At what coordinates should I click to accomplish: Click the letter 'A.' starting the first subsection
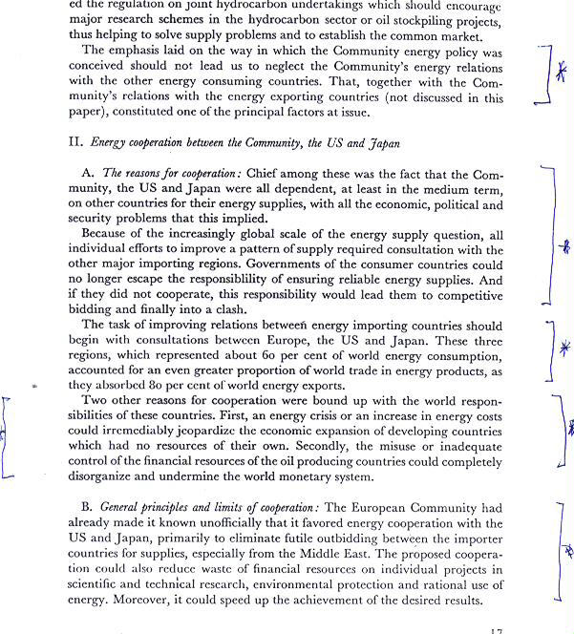[x=88, y=175]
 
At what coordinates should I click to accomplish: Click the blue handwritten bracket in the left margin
[x=8, y=437]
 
